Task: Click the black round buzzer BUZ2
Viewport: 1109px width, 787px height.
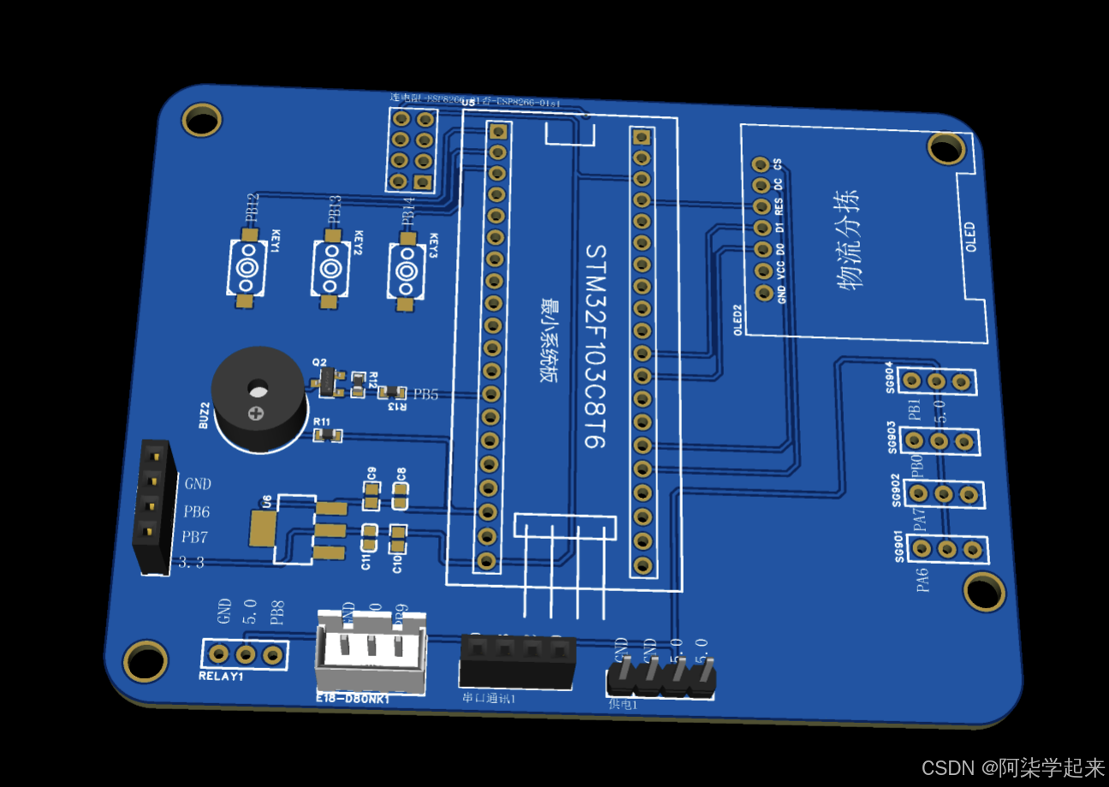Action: coord(258,399)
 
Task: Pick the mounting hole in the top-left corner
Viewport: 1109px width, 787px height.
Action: coord(202,119)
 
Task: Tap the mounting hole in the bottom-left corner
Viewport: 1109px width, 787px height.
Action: coord(145,660)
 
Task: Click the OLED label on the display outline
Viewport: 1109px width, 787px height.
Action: coord(970,237)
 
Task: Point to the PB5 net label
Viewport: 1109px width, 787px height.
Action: coord(425,394)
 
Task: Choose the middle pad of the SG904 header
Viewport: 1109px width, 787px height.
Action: coord(936,381)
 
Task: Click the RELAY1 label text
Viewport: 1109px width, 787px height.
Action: coord(221,676)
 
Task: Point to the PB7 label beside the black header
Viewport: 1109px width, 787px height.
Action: coord(194,538)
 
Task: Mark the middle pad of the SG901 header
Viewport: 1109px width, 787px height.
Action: coord(946,548)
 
